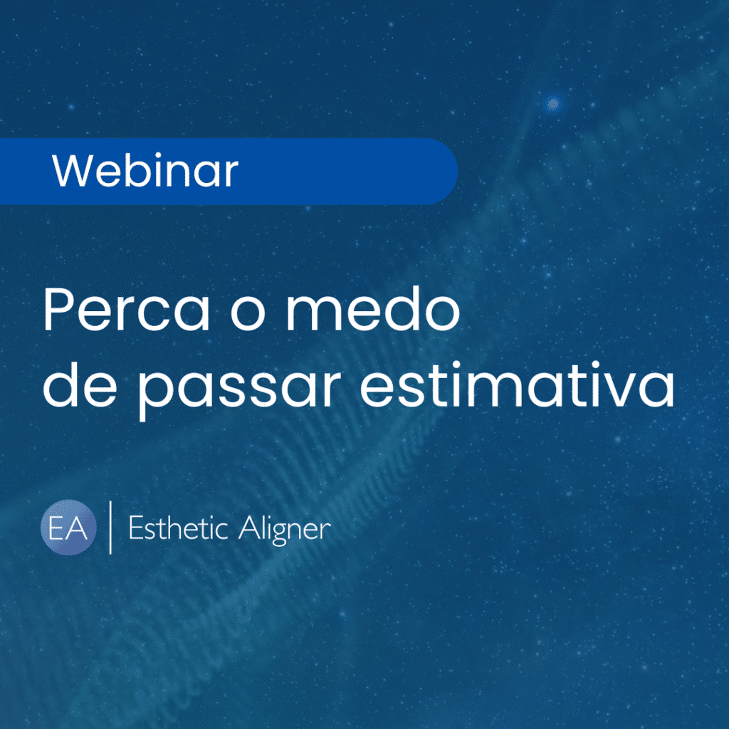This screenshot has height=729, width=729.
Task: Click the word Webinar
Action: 145,170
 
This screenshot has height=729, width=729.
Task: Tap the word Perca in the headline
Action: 127,309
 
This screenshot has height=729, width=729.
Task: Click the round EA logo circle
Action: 68,528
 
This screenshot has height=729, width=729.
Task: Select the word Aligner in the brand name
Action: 285,530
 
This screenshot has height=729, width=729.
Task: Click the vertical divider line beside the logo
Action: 110,528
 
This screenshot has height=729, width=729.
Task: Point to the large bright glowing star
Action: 552,103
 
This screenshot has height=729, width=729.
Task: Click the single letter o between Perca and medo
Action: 248,315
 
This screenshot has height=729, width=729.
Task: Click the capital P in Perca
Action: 58,309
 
